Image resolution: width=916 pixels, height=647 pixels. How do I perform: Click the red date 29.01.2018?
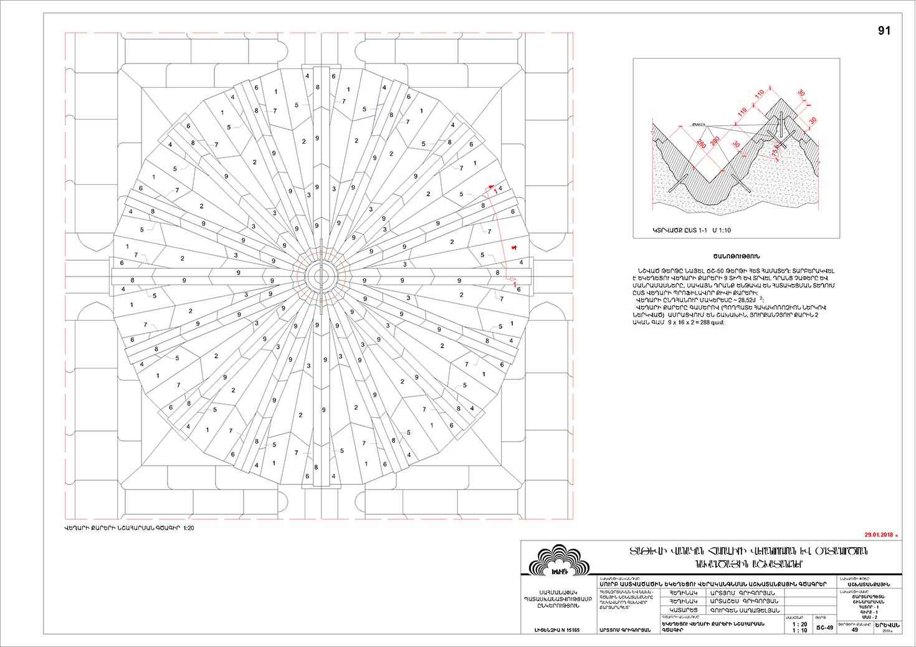[880, 534]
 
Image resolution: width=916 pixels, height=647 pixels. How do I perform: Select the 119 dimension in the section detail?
[741, 113]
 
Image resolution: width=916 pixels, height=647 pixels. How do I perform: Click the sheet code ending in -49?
[824, 628]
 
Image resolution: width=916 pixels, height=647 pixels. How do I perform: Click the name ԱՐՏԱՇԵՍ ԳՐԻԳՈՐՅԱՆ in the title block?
[744, 601]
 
